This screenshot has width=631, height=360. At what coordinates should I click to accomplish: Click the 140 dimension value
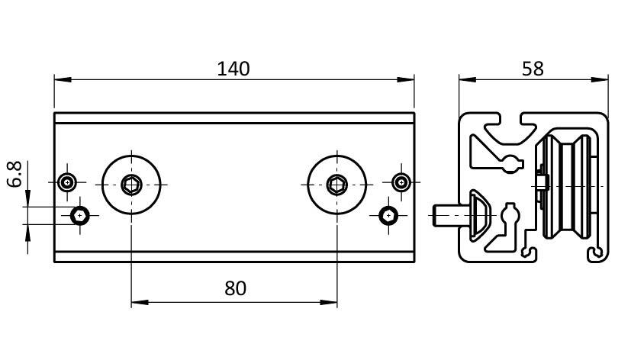pos(233,69)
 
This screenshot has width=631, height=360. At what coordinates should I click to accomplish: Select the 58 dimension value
pos(533,69)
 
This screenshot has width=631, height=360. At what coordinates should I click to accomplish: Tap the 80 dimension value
pos(236,288)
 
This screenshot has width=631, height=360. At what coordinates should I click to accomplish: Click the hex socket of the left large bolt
pos(132,184)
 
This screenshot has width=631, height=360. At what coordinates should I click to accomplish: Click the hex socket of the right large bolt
pos(336,184)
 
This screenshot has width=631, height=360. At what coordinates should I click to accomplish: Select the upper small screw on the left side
pos(69,183)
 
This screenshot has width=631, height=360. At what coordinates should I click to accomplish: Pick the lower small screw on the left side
pos(81,216)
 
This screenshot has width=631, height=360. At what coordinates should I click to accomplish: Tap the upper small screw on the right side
pos(401,182)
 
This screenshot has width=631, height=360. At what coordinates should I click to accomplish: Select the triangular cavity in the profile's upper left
pos(485,152)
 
